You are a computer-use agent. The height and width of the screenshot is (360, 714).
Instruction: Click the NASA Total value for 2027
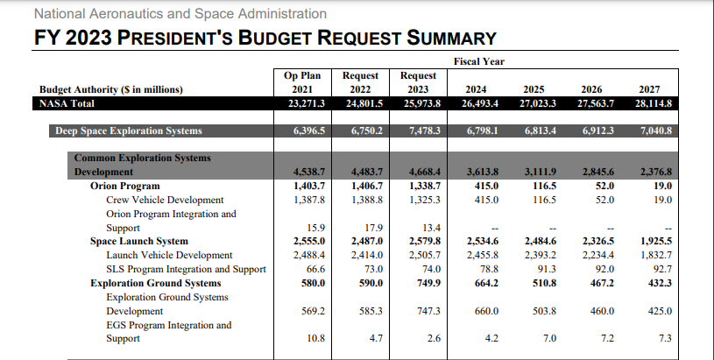point(653,103)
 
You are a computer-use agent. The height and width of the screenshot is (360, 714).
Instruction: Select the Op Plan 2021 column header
point(302,82)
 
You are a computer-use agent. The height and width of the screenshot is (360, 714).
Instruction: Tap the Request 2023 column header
point(418,82)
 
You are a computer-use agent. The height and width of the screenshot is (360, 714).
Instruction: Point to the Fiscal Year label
point(479,61)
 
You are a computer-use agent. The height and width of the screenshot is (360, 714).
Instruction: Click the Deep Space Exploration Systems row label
point(129,131)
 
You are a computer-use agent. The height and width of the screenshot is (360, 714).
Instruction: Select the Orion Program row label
point(124,187)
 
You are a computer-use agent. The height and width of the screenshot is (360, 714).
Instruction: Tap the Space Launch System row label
point(139,241)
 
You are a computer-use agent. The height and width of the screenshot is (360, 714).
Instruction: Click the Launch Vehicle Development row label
point(169,255)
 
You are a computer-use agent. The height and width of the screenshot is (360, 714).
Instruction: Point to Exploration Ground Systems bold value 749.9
point(428,283)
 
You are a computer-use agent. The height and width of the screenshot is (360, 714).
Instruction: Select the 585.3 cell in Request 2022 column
point(371,311)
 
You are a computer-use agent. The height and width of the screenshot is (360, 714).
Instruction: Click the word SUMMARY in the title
point(451,38)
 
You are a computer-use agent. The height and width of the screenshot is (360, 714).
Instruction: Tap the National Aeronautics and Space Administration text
point(180,14)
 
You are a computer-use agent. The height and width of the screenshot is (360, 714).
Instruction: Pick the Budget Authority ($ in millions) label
point(111,89)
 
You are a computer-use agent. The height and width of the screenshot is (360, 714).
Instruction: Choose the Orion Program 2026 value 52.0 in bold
point(604,187)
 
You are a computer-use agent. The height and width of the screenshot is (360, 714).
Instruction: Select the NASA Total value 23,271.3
point(307,103)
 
